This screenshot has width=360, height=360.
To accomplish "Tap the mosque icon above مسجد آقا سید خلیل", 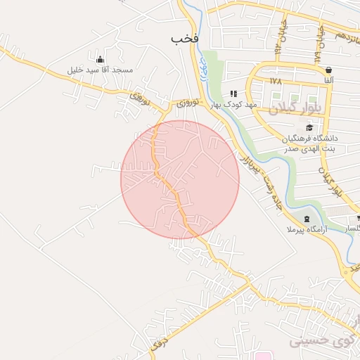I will pyautogui.click(x=99, y=59).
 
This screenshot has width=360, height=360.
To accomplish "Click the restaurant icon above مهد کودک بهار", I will pyautogui.click(x=233, y=94).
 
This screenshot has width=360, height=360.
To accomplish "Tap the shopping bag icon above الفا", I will pyautogui.click(x=329, y=70).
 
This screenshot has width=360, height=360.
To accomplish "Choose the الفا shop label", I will pyautogui.click(x=329, y=81).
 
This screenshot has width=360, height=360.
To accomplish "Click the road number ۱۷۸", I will pyautogui.click(x=275, y=82).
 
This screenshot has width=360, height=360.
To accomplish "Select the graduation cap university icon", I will pyautogui.click(x=310, y=127).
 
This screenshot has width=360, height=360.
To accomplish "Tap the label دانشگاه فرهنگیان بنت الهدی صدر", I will pyautogui.click(x=311, y=143).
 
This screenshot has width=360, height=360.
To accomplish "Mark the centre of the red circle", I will pyautogui.click(x=180, y=179).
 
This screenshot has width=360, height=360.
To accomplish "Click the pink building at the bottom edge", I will pyautogui.click(x=262, y=355).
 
